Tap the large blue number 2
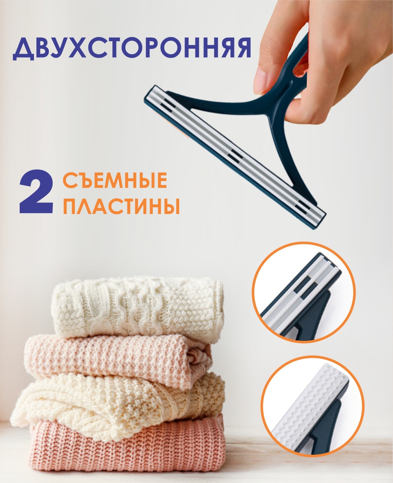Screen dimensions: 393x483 [36, 191]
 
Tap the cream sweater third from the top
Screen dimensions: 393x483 [118, 406]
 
